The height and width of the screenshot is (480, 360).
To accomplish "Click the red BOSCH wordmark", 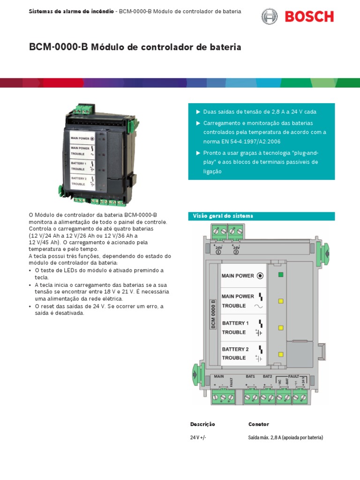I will tap(309, 17).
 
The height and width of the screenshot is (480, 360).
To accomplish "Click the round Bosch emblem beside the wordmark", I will tap(269, 17).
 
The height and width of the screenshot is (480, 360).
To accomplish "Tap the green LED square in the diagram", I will tap(281, 275).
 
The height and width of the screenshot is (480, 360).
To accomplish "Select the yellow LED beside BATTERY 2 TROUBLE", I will tap(281, 354).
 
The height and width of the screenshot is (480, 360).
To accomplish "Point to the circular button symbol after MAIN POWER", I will tap(260, 276).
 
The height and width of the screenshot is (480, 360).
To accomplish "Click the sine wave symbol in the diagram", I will tap(259, 306).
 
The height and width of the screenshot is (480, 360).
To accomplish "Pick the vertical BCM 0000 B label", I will tap(213, 314).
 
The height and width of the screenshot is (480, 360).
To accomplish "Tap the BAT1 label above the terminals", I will tap(250, 376).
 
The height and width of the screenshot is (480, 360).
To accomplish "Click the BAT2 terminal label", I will tap(267, 376).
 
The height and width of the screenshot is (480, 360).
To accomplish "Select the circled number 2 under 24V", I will tap(236, 252).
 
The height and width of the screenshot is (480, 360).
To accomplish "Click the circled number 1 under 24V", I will tap(218, 252).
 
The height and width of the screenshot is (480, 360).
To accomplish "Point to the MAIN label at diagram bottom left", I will tap(218, 376).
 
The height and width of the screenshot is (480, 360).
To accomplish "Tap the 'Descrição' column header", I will tap(202, 424).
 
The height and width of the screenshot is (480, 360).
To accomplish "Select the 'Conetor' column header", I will tap(259, 424).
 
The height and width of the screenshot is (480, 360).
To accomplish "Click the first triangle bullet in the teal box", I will tap(198, 112).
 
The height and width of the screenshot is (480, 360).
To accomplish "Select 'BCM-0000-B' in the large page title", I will tap(59, 47).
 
